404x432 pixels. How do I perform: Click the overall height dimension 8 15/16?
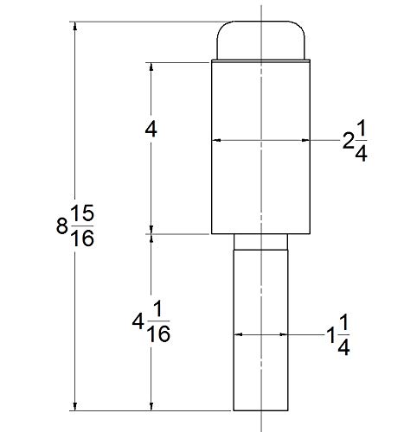click(75, 226)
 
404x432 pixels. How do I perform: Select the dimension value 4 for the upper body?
click(151, 130)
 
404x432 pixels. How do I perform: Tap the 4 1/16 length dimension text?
click(151, 321)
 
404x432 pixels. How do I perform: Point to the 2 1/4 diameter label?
click(355, 141)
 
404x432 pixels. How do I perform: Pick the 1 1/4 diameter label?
click(338, 335)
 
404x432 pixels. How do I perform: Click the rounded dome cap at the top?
click(260, 41)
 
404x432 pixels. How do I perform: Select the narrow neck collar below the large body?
click(260, 242)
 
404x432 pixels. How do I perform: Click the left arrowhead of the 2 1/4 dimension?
click(216, 140)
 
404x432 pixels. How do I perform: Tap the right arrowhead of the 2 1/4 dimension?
click(305, 140)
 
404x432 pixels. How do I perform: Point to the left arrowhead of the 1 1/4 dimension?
click(238, 334)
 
